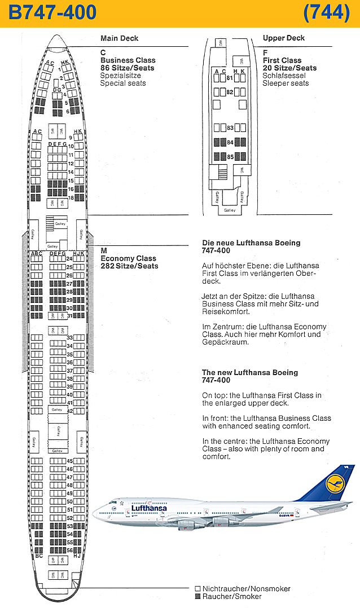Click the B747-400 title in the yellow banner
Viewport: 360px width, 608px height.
[52, 12]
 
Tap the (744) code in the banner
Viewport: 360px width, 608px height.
[326, 12]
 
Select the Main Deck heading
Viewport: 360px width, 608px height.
[119, 38]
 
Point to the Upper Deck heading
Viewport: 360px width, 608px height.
[284, 38]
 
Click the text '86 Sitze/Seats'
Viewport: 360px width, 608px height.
[127, 68]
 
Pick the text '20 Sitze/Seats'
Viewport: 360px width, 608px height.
[289, 68]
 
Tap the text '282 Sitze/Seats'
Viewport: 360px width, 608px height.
[129, 266]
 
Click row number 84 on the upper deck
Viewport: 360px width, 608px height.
[230, 142]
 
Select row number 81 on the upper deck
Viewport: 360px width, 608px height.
[230, 78]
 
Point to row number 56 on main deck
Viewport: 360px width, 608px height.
[70, 550]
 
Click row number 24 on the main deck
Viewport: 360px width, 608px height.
[70, 259]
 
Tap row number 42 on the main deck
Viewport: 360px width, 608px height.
[70, 411]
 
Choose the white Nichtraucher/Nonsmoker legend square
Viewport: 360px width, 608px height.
[197, 589]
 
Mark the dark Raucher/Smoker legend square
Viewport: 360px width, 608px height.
[197, 596]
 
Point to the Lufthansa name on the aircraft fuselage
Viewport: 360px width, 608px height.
[150, 508]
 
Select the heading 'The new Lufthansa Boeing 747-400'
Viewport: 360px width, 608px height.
[250, 376]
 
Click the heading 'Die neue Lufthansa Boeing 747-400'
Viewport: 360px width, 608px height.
[251, 246]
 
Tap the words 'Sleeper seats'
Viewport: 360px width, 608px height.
[286, 83]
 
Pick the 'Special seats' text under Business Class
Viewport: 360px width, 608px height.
[123, 83]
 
